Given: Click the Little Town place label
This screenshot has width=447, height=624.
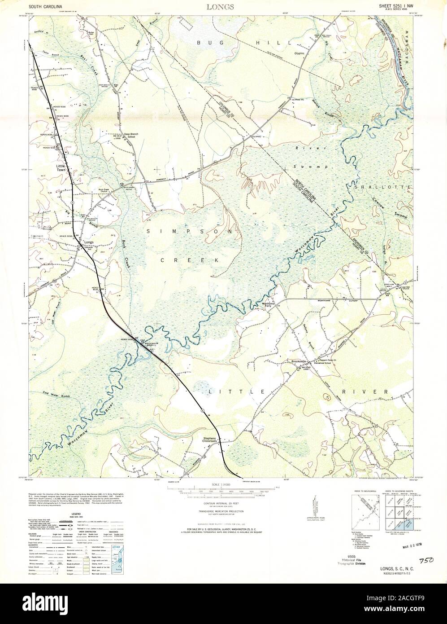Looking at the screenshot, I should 61,167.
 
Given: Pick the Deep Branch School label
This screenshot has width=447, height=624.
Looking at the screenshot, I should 126,135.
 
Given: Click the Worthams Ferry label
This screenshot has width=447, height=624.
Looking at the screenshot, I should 268,305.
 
